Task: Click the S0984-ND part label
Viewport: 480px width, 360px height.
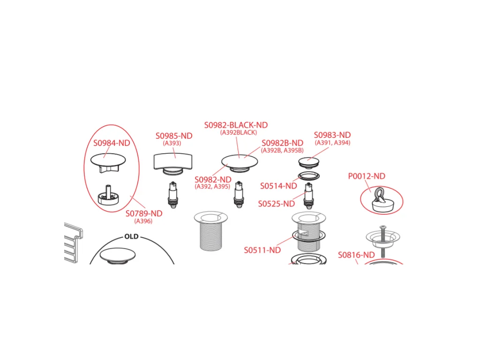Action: point(112,143)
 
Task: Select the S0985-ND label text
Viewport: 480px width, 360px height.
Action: point(174,136)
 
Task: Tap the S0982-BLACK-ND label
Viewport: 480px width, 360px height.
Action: point(236,125)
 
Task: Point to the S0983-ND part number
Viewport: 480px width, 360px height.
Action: point(332,135)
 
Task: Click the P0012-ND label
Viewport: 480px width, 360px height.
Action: point(367,176)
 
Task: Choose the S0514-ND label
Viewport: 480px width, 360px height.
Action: point(278,186)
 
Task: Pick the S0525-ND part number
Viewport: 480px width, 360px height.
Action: point(277,204)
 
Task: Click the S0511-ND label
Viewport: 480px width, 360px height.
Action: point(262,250)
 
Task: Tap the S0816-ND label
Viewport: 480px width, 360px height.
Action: point(356,255)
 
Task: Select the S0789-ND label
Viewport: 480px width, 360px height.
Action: point(144,214)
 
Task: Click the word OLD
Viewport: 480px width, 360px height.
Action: point(132,237)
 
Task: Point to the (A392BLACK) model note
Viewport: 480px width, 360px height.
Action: point(239,133)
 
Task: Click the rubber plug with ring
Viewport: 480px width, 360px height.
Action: point(382,201)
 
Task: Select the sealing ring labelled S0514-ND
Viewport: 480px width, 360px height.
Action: point(309,176)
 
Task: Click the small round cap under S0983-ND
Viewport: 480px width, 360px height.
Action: point(309,162)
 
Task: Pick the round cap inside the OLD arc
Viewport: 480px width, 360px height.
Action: point(118,255)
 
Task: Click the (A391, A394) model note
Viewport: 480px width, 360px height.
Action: point(332,142)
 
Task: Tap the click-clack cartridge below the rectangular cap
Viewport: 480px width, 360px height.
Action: point(173,195)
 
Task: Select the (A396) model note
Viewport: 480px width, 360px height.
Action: point(143,221)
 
